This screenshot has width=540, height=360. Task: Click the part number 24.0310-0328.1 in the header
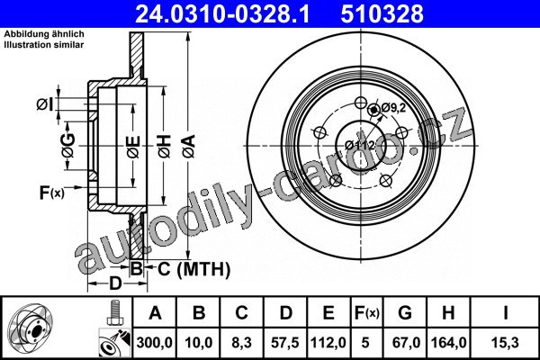pyautogui.click(x=223, y=13)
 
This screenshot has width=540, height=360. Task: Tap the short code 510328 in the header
pyautogui.click(x=382, y=13)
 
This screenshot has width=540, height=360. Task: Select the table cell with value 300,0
pyautogui.click(x=154, y=343)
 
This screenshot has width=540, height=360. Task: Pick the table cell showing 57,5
pyautogui.click(x=285, y=343)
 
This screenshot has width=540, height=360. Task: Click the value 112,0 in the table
pyautogui.click(x=328, y=343)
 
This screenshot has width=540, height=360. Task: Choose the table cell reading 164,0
pyautogui.click(x=448, y=343)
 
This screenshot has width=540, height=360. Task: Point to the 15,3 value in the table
pyautogui.click(x=505, y=343)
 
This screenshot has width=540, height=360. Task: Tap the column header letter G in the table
pyautogui.click(x=405, y=313)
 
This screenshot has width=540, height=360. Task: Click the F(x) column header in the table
pyautogui.click(x=367, y=313)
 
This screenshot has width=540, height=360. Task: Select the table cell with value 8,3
pyautogui.click(x=242, y=343)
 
